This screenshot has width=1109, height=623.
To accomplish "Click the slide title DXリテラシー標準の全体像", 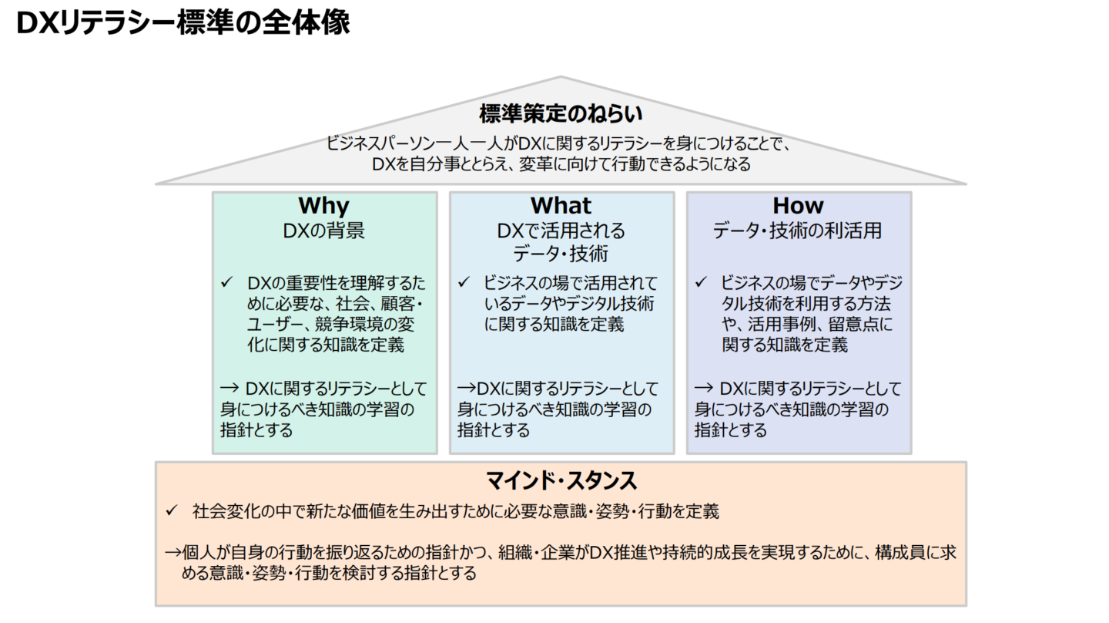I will (x=183, y=24).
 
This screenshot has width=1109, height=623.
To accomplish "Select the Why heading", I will (x=323, y=206).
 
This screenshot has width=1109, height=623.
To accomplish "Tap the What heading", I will (x=561, y=206).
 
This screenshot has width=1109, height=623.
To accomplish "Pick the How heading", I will (x=798, y=206).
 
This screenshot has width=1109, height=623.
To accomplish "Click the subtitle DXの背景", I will (x=323, y=231).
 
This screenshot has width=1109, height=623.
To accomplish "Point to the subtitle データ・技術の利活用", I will (x=798, y=231).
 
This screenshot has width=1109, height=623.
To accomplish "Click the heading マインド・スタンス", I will (x=561, y=481).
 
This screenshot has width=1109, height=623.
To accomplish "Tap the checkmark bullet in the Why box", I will (x=226, y=283).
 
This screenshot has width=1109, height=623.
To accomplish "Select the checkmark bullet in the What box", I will (x=464, y=283).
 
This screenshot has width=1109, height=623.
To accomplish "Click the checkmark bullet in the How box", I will (x=701, y=283).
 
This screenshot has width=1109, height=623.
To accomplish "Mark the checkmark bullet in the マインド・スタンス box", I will (x=173, y=510).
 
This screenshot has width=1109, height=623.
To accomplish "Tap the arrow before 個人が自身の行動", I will (x=174, y=553).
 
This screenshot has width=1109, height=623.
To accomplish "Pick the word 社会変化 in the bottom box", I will (x=219, y=510).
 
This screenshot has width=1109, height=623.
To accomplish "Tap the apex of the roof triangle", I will (x=561, y=78).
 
